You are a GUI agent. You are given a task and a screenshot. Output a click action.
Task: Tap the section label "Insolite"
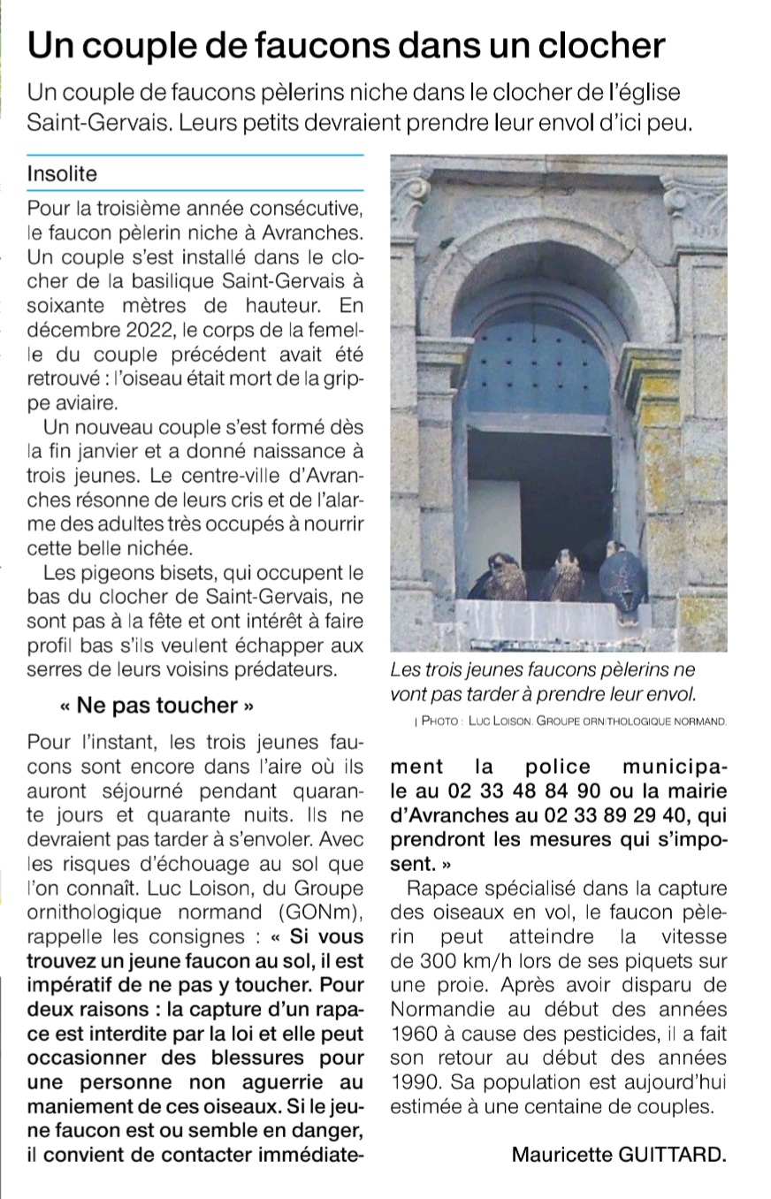point(62,173)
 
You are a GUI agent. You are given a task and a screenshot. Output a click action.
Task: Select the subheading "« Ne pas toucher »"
point(157,705)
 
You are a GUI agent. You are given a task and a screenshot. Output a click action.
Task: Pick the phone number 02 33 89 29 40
point(596,813)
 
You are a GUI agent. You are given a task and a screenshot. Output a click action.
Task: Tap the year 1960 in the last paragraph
point(412,1032)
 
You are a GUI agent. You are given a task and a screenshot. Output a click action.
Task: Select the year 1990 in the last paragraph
point(412,1081)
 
